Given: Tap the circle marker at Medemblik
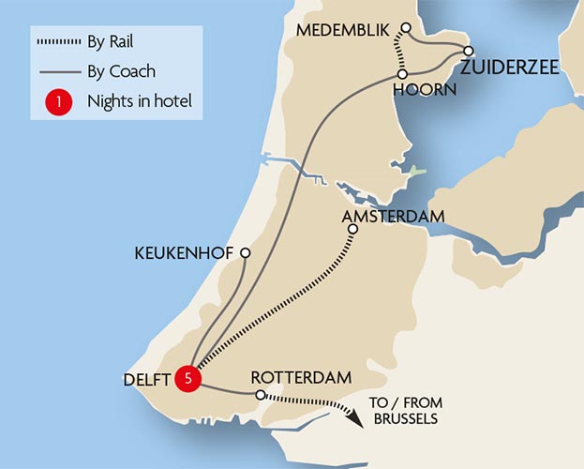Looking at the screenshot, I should (x=406, y=27).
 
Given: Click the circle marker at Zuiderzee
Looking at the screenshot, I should (x=468, y=51).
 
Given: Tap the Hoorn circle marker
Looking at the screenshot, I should (x=401, y=74).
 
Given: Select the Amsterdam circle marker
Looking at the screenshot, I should (x=352, y=229).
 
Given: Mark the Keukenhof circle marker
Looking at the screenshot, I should (x=245, y=253).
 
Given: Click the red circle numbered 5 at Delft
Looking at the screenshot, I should (x=188, y=379).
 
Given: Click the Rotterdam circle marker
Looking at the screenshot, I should (x=260, y=395).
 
